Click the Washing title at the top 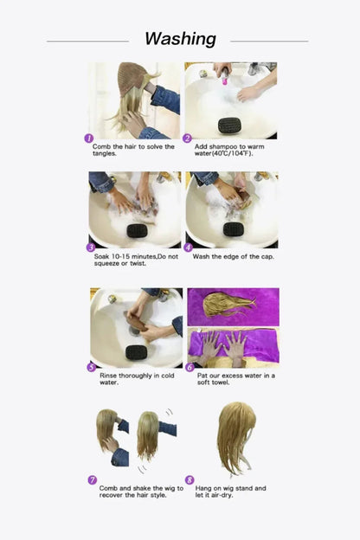180,39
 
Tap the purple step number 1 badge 88,138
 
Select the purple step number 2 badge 188,138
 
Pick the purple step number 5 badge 90,367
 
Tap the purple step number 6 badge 189,367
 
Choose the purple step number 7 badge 92,479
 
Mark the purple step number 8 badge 190,479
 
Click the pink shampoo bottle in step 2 224,78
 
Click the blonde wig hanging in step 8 235,437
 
